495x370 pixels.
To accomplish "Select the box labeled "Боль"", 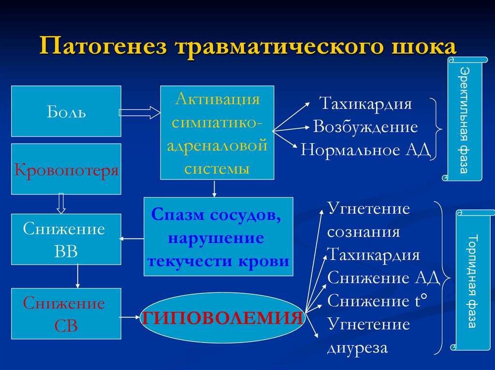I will tap(66, 111).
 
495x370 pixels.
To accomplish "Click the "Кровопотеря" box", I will tap(66, 169).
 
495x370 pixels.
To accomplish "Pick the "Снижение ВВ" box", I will tap(66, 239).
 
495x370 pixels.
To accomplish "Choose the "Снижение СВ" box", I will tap(66, 313).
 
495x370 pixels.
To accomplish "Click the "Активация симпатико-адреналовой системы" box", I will tap(217, 132).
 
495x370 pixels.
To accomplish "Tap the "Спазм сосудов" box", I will tap(218, 236).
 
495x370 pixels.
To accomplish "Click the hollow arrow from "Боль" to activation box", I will tap(140, 113).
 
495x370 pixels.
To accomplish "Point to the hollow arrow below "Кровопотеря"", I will tap(61, 203).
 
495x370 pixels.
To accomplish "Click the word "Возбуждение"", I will tap(365, 127).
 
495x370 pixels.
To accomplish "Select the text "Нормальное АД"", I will tap(365, 150).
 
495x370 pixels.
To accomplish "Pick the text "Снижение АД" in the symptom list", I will tap(383, 278).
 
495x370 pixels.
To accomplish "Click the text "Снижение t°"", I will tap(377, 301).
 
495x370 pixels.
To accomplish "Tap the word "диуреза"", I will tap(357, 347).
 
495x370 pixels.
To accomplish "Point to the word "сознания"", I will tap(364, 232).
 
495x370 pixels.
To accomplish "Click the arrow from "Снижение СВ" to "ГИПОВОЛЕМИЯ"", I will tap(131, 317).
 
